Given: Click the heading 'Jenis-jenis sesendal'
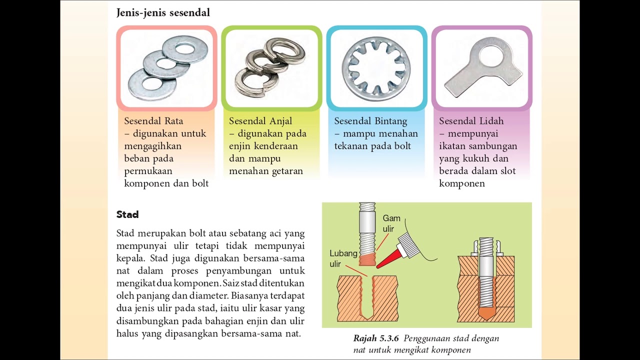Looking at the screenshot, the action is pos(163,12).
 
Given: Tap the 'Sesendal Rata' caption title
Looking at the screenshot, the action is pos(153,121).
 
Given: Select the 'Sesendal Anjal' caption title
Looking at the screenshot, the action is pos(260,121).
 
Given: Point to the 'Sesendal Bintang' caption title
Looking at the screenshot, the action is pos(371,121).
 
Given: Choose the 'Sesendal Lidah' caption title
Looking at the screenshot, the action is pos(471,121).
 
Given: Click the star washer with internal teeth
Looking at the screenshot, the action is pos(376,68).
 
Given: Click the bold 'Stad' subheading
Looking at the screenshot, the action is pos(127,214).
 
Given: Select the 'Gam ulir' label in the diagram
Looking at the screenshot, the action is pos(391,223).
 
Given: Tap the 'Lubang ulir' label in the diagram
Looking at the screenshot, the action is pos(343,258).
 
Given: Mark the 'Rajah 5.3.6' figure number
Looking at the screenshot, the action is pos(376,338).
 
